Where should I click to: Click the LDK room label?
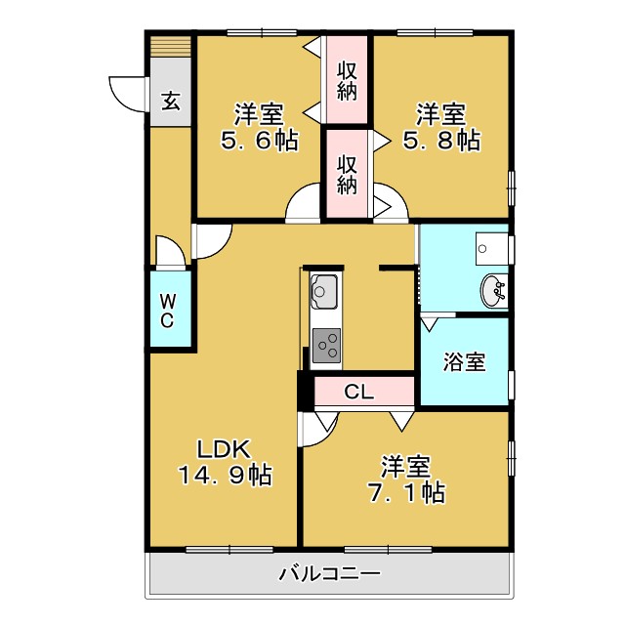[x=226, y=449]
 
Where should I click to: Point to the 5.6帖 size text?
[x=259, y=141]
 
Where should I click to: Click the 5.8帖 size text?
[x=442, y=141]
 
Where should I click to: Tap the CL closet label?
[x=359, y=393]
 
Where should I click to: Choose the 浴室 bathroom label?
[x=464, y=362]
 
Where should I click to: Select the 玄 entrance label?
[x=170, y=101]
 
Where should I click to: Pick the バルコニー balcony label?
[x=329, y=575]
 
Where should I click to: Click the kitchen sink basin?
[x=324, y=290]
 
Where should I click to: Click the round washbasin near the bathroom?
[x=494, y=290]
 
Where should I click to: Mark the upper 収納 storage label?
[x=347, y=81]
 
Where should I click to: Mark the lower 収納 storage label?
[x=347, y=173]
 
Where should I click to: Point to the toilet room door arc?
[x=172, y=253]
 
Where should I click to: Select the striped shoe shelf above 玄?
[x=171, y=49]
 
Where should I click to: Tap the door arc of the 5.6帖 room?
[x=303, y=205]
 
